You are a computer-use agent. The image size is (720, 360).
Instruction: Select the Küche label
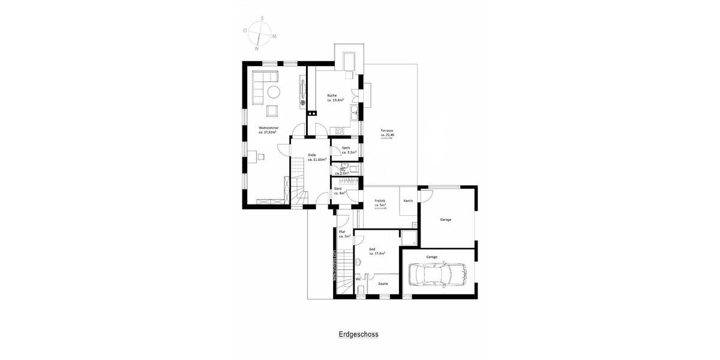pos(332,96)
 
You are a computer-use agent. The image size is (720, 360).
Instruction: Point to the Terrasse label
pos(387,131)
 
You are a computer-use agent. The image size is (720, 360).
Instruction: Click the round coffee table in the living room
pos(274,92)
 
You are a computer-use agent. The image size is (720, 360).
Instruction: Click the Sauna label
pos(382,284)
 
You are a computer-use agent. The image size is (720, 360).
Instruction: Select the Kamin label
pos(408,201)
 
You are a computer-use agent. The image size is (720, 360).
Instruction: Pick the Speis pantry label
pos(346,148)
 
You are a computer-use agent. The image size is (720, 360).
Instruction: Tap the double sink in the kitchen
pos(356,110)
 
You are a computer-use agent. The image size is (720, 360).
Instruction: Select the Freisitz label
pos(379,201)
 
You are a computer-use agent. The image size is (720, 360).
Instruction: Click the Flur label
pos(342,232)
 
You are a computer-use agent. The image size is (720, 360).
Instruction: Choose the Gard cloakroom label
pos(338,188)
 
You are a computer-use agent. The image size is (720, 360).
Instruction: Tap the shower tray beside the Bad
pos(409,238)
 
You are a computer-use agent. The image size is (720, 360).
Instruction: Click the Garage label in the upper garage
pos(445,220)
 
